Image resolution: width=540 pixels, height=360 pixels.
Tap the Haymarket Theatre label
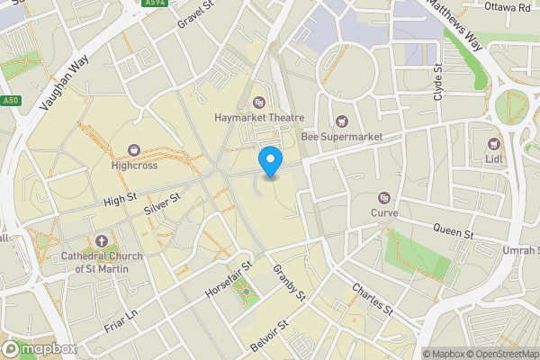259,118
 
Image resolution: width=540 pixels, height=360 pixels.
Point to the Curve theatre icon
384,197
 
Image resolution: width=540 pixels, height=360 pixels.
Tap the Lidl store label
493,159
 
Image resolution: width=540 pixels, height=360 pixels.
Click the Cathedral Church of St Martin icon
101,242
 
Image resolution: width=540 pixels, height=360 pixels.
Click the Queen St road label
453,231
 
